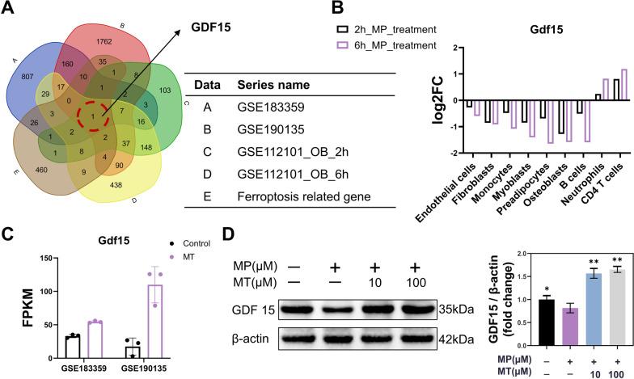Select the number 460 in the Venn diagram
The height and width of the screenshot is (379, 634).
36,171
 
